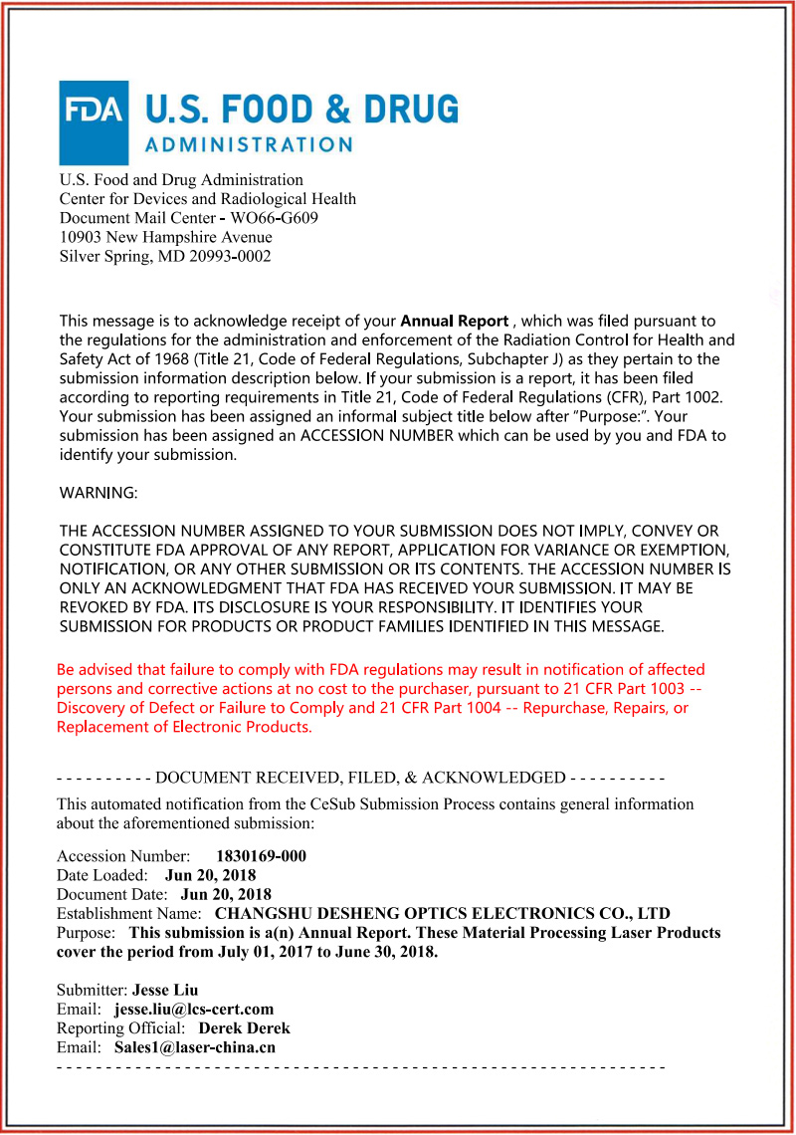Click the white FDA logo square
coord(95,122)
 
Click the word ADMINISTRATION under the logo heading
coord(249,144)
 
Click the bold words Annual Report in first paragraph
coord(455,321)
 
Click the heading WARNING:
coord(99,493)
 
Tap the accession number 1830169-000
coord(261,856)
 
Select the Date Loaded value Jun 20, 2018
coord(210,875)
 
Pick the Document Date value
coord(226,894)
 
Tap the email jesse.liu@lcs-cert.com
coord(194,1009)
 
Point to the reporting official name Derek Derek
coord(245,1027)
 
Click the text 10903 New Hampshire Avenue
coord(165,237)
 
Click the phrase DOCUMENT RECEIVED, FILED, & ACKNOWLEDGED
coord(360,777)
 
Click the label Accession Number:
coord(123,856)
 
